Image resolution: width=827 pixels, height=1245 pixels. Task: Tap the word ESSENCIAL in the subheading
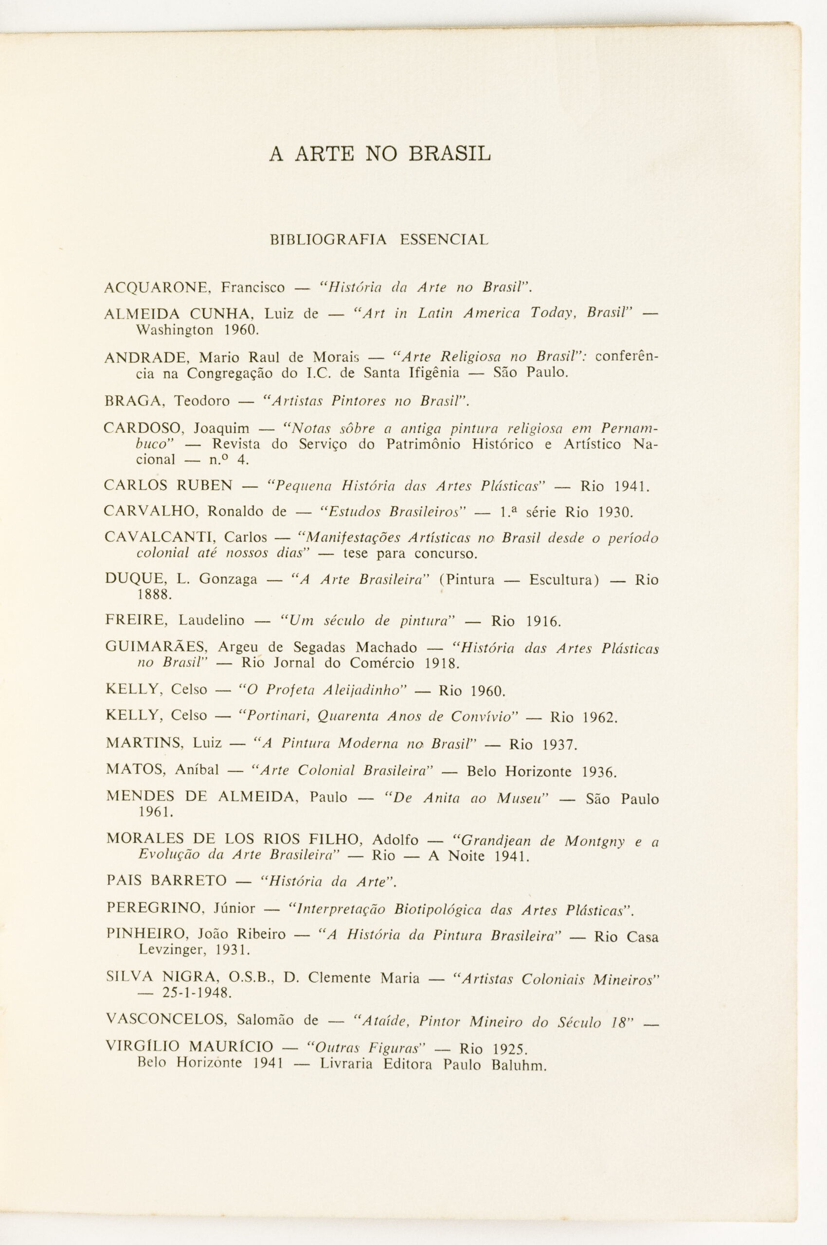tap(444, 240)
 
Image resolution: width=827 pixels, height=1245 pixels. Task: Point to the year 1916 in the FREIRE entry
tap(543, 622)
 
